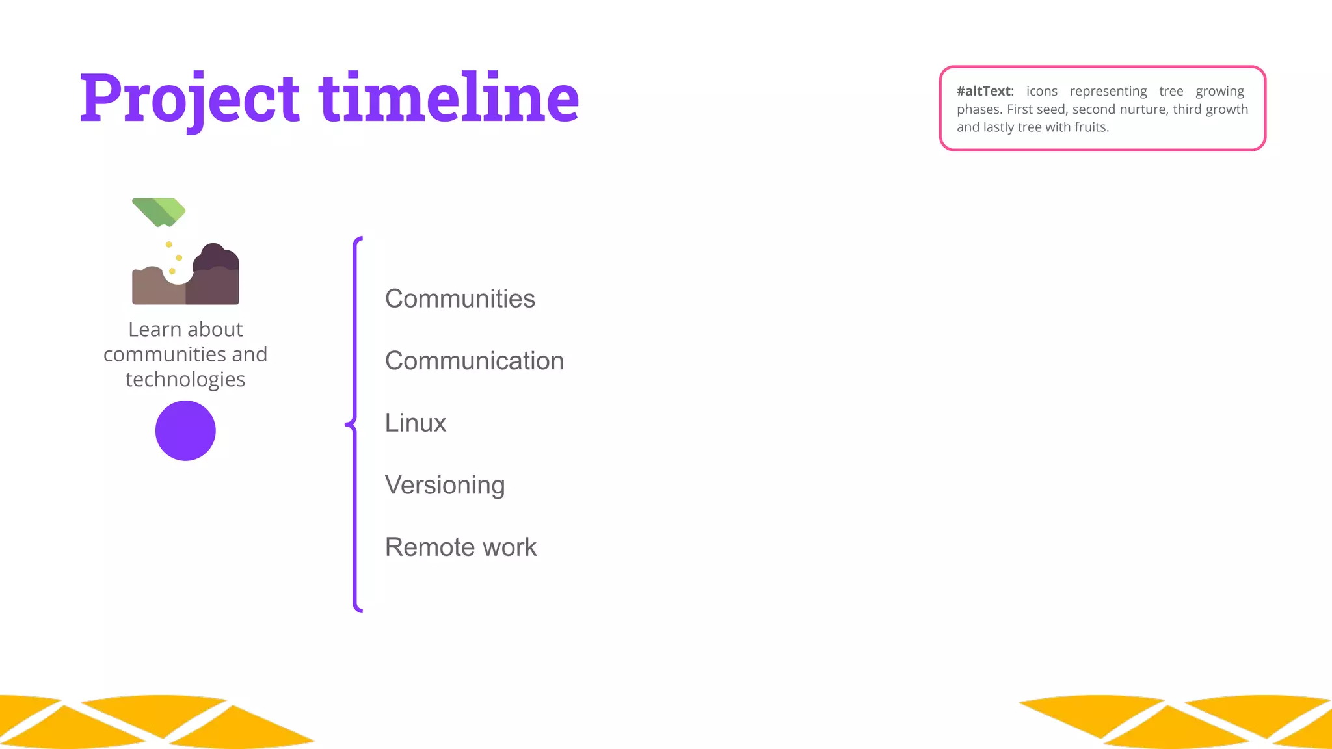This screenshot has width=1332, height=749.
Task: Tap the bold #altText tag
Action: (984, 91)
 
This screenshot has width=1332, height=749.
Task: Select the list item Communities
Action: (460, 298)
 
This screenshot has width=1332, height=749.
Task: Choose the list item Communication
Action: (474, 361)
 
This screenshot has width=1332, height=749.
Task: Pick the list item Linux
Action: (415, 423)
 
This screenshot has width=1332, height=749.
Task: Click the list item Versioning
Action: (445, 485)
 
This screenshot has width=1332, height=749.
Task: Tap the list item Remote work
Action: (460, 547)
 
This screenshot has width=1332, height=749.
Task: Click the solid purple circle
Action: (185, 430)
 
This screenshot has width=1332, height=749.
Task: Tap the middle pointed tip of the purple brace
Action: (347, 425)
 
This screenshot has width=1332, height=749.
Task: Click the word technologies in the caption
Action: (185, 379)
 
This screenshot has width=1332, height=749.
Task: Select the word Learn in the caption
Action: (153, 330)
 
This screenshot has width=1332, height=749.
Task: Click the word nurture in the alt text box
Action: (1144, 109)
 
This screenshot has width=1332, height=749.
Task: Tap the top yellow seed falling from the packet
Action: (169, 244)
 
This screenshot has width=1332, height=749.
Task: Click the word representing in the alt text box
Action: (1108, 91)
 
